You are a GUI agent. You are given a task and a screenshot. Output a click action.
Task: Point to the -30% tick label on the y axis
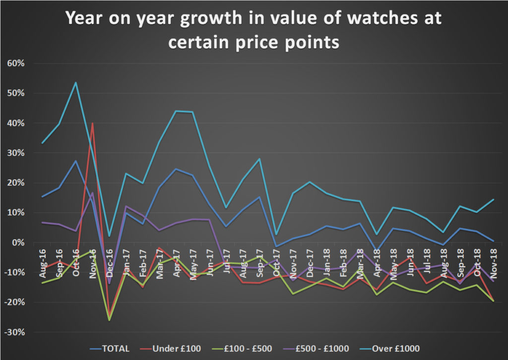coord(18,332)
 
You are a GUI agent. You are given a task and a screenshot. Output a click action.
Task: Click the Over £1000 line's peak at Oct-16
coord(76,82)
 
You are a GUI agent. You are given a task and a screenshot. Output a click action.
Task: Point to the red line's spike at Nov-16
coord(93,123)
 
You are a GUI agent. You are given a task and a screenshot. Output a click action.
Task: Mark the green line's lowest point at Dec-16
coord(110,320)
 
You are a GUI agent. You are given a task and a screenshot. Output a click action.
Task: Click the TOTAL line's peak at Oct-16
coord(76,161)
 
